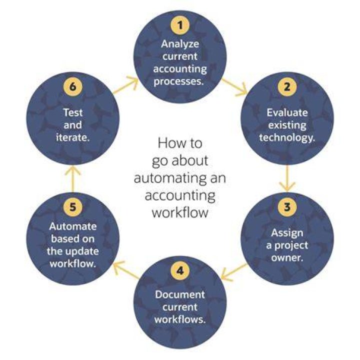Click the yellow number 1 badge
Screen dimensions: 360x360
tap(180, 25)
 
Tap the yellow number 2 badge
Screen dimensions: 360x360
tap(287, 87)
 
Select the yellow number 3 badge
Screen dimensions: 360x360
tap(287, 207)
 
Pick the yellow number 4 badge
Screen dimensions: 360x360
tap(180, 271)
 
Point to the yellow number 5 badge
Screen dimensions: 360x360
tap(73, 207)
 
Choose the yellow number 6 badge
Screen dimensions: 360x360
tap(73, 87)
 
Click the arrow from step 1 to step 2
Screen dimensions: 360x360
tap(234, 87)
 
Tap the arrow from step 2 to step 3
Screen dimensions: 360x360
tap(287, 178)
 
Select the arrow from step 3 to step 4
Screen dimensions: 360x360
tap(233, 272)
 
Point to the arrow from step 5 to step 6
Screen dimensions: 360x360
tap(73, 179)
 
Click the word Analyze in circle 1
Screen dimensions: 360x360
tap(180, 44)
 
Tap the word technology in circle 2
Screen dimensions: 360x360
tap(286, 138)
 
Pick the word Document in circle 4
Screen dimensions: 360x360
tap(180, 294)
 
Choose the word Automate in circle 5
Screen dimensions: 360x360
tap(73, 226)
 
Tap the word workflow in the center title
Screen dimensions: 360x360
tap(180, 212)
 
